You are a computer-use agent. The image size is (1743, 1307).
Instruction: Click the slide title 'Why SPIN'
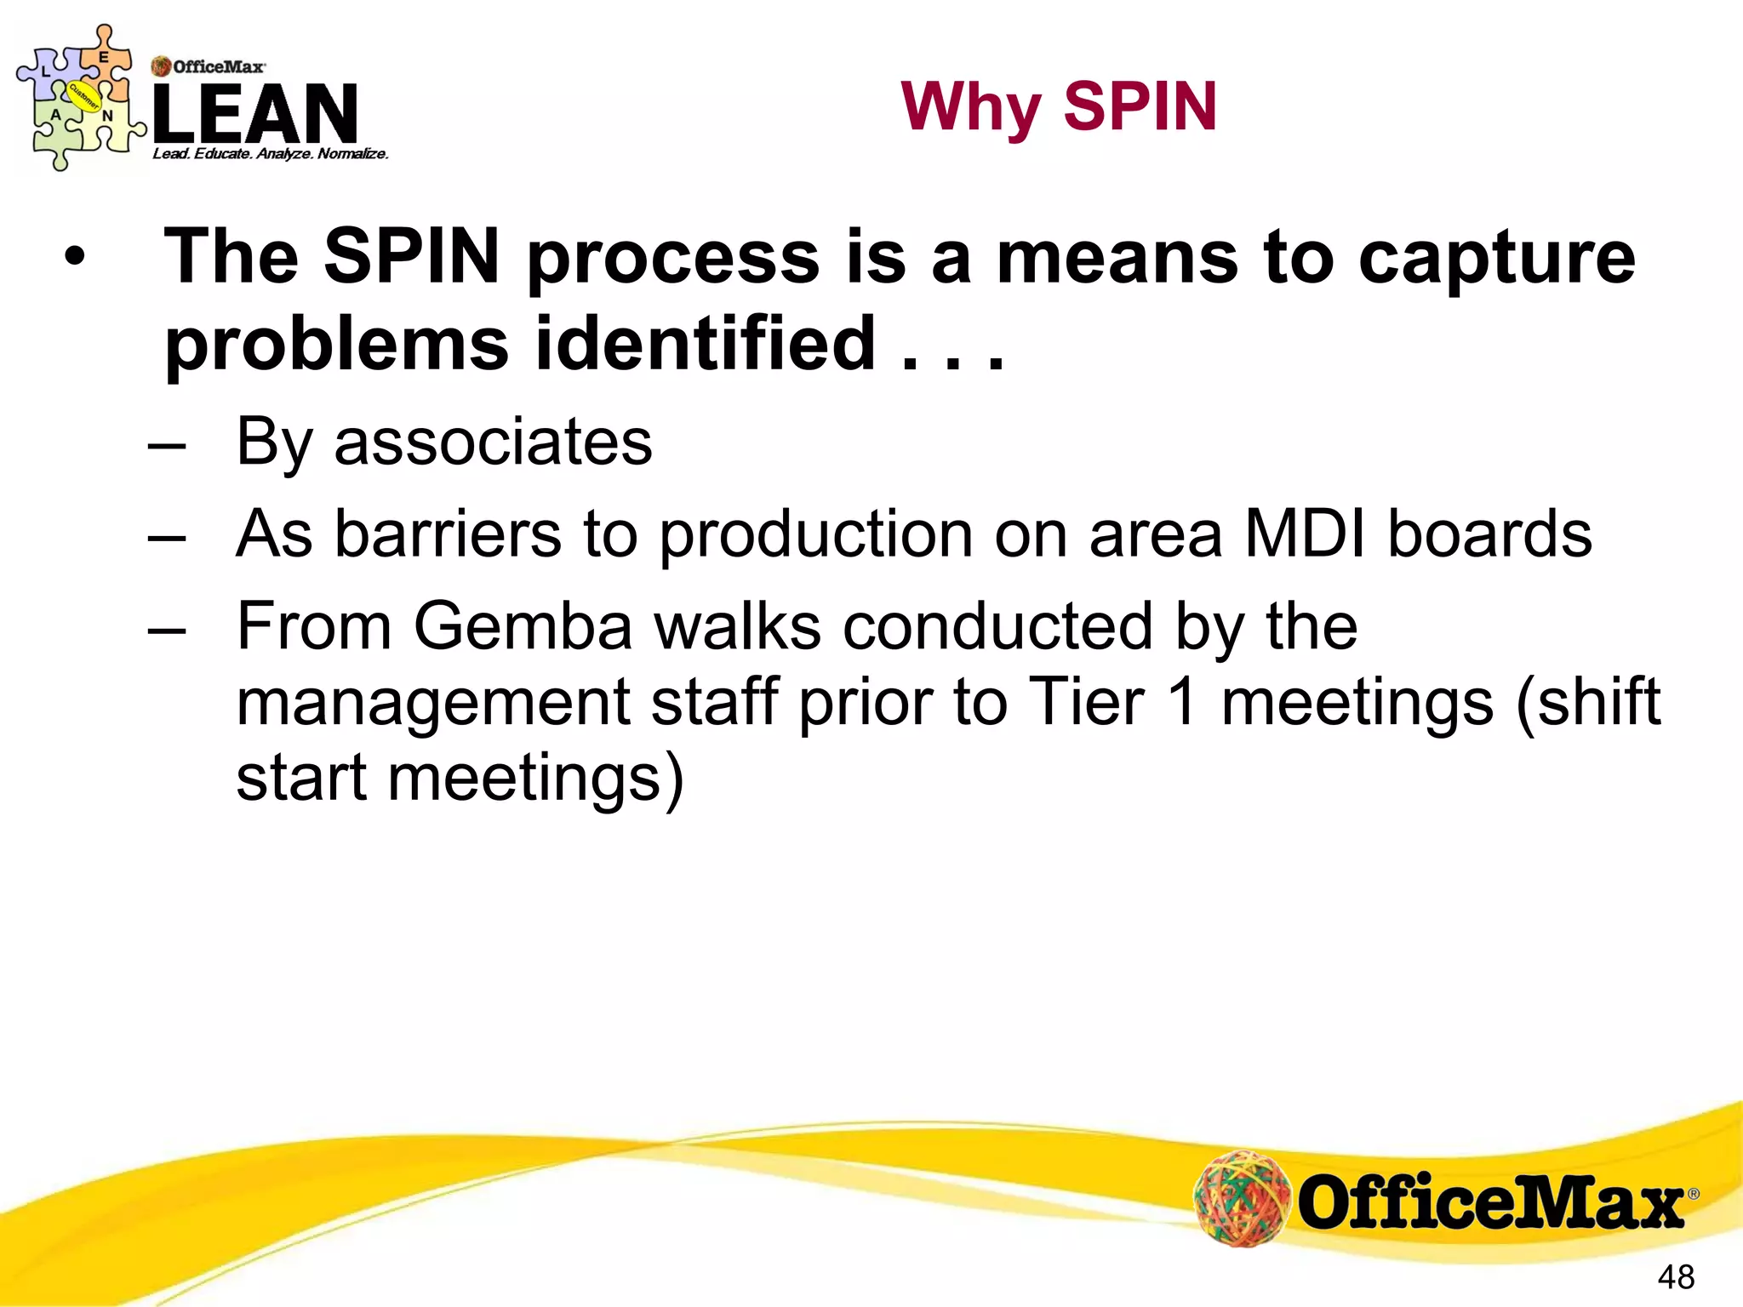click(1059, 107)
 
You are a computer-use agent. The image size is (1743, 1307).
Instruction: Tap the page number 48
click(1676, 1277)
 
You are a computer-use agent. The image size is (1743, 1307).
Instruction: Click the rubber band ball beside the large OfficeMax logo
click(1243, 1197)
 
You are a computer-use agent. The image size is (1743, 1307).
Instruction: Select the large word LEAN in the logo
click(255, 115)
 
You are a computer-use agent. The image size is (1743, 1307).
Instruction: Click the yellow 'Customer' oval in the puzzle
click(84, 96)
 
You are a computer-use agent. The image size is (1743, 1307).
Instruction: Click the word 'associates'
click(493, 442)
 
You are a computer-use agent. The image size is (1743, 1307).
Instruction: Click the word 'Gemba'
click(523, 626)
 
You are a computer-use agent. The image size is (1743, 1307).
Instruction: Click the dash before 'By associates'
click(166, 445)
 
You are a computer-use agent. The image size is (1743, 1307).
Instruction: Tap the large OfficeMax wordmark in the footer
click(1490, 1201)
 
